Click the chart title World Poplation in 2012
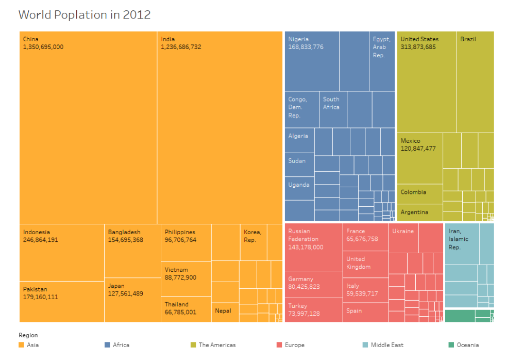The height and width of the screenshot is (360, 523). point(85,14)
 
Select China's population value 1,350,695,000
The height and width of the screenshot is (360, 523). point(43,47)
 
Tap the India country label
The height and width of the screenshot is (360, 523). point(167,39)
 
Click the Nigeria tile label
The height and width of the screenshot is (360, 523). point(298,39)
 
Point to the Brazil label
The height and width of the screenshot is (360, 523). point(468,39)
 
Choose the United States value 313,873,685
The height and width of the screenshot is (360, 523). point(418,47)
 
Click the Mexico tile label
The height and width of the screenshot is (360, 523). point(410,141)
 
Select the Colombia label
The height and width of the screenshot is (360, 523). point(413,192)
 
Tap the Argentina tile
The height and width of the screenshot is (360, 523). point(414,212)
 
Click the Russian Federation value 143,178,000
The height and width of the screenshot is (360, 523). point(306,247)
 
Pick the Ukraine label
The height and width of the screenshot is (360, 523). point(402,231)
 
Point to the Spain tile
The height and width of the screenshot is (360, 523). point(354,311)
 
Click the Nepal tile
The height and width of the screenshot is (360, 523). point(223,311)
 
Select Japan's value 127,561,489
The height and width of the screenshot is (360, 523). point(125,293)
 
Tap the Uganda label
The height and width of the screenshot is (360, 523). point(299,185)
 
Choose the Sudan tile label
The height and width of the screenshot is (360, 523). point(297,161)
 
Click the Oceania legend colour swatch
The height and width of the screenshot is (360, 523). point(451,345)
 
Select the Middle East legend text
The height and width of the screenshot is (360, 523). point(387,345)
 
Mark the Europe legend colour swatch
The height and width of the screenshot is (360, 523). point(279,345)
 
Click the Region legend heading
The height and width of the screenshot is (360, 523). point(28,335)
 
